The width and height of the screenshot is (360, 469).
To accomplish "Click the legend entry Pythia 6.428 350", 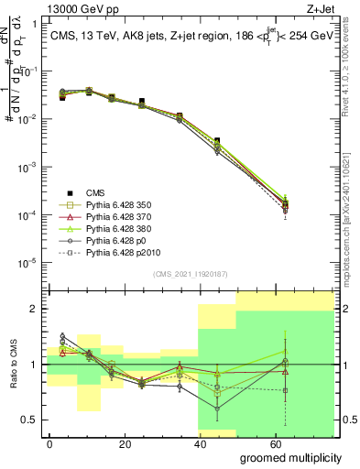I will click(x=115, y=206).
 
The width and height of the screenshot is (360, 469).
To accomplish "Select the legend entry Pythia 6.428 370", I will click(x=115, y=218).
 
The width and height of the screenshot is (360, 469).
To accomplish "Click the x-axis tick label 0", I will click(x=49, y=442).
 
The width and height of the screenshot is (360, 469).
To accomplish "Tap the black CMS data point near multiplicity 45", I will click(x=216, y=141).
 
